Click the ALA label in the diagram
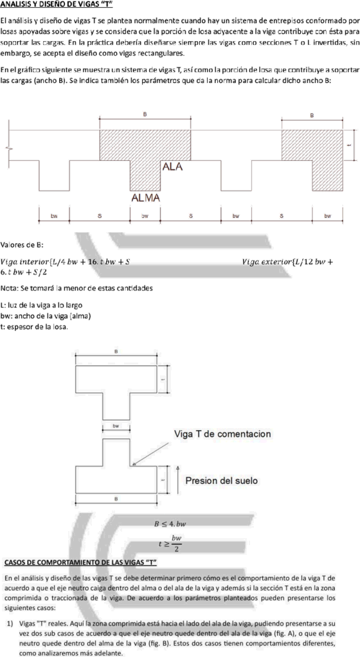click(x=172, y=166)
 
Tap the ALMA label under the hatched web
click(x=145, y=198)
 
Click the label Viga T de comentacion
click(x=222, y=434)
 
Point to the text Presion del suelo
click(x=222, y=480)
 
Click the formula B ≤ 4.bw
click(x=170, y=524)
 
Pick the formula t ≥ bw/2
click(x=170, y=543)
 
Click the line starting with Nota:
click(x=76, y=288)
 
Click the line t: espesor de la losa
click(x=34, y=327)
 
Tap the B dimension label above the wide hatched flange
click(x=145, y=114)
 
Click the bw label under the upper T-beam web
click(x=116, y=426)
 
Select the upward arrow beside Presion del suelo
click(x=177, y=478)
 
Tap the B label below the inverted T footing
click(x=116, y=499)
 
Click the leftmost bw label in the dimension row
click(x=54, y=216)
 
